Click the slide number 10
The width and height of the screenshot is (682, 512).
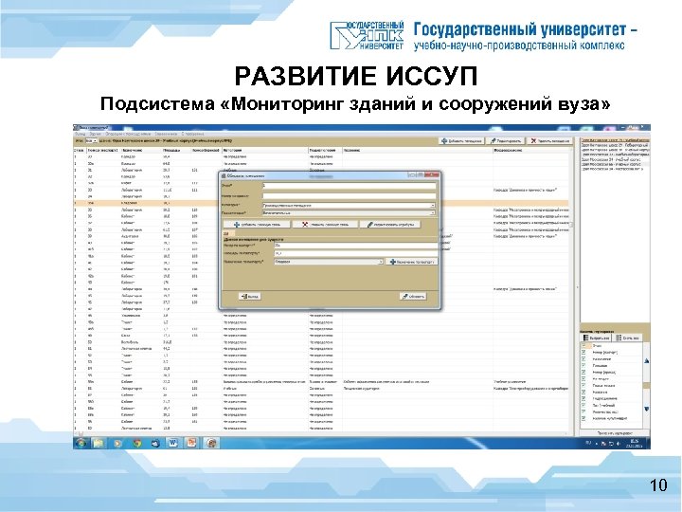[x=658, y=487]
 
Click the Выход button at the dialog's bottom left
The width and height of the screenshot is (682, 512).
[x=251, y=295]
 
